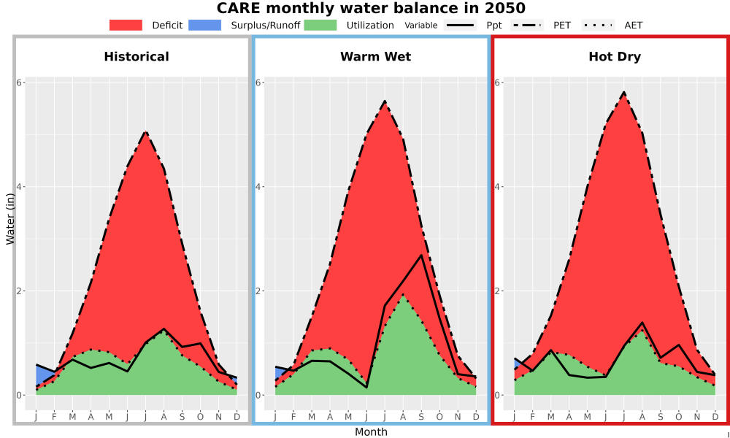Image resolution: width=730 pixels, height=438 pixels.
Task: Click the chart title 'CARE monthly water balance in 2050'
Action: (x=371, y=8)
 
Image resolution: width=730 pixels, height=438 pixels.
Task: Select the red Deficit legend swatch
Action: (x=126, y=25)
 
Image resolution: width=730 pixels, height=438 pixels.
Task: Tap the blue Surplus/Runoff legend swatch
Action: (x=205, y=25)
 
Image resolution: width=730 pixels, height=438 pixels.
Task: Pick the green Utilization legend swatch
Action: (x=320, y=25)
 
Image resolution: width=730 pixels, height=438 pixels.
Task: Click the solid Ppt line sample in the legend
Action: (x=459, y=25)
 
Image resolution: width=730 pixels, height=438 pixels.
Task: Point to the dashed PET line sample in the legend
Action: (x=527, y=25)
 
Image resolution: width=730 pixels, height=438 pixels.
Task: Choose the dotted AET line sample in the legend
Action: (x=598, y=25)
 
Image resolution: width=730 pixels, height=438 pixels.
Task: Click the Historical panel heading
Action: (x=137, y=57)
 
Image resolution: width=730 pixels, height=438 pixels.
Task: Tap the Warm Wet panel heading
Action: (x=376, y=57)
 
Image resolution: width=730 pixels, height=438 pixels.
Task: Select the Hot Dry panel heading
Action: (x=615, y=57)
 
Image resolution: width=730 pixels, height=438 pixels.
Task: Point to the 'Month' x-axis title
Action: (x=371, y=432)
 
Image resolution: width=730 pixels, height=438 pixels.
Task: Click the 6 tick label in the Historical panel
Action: (x=20, y=82)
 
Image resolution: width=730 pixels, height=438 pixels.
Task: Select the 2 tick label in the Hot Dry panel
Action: (x=498, y=291)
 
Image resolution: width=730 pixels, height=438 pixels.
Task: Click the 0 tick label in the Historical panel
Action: (x=20, y=395)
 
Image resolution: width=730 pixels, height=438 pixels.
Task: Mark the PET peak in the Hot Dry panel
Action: (x=624, y=93)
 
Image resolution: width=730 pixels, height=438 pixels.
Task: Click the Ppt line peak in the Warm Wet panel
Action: (x=421, y=255)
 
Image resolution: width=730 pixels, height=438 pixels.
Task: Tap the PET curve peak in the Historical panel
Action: (x=146, y=132)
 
